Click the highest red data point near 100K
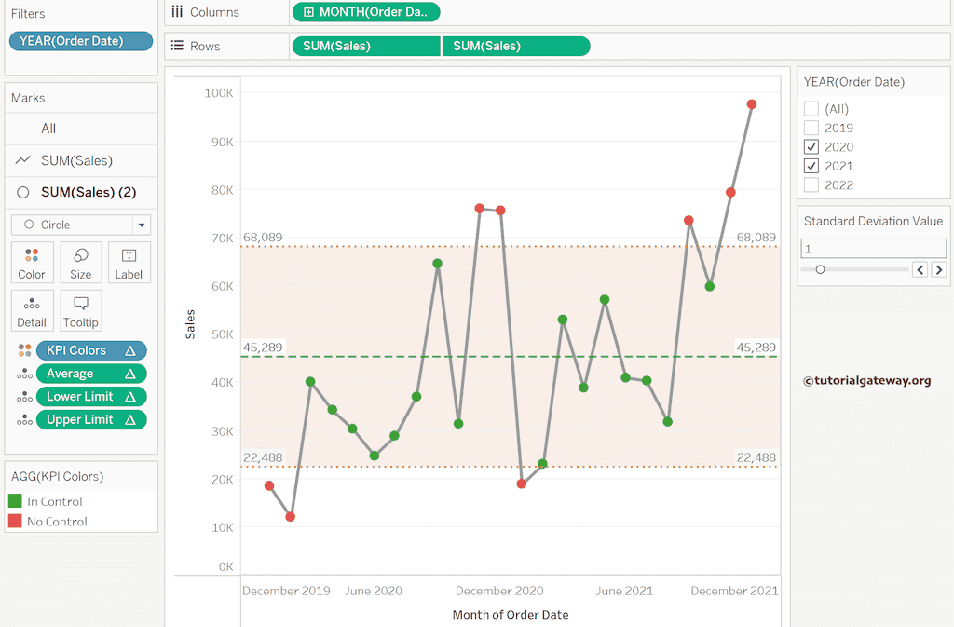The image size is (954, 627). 752,104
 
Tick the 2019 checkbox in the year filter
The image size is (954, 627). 811,128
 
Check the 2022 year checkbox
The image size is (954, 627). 811,184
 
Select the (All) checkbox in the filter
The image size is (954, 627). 811,109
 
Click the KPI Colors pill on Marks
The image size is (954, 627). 89,350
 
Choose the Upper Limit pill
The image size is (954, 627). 89,419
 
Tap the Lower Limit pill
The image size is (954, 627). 89,396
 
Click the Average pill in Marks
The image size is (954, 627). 89,374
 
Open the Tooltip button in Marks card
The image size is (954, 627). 81,310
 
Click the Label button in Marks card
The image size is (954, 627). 129,263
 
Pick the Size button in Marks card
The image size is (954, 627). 81,263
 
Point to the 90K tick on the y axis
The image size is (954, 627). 219,142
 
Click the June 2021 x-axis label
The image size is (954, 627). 624,591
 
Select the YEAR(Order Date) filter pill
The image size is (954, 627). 80,41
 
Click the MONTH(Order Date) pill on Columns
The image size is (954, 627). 365,12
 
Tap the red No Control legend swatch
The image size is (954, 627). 15,522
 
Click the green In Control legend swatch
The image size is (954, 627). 15,501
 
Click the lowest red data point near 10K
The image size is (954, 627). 291,517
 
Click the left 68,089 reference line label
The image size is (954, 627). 263,238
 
